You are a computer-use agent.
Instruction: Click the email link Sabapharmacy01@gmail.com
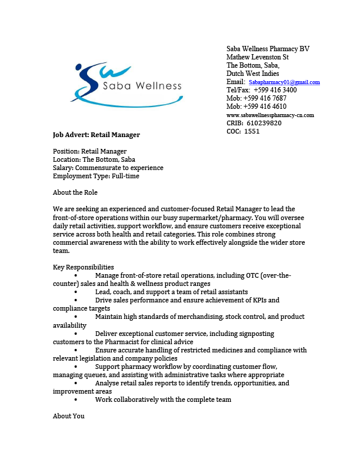point(284,82)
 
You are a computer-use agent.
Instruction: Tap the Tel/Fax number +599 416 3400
point(275,90)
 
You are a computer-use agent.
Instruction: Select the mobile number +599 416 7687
point(265,98)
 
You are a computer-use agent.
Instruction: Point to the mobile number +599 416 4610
point(265,106)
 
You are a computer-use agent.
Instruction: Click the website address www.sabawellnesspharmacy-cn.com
point(270,115)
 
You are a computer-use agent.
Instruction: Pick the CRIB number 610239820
point(264,123)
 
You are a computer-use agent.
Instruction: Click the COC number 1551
point(252,131)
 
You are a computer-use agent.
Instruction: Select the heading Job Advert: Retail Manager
point(96,135)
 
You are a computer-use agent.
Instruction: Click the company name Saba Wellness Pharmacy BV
point(268,49)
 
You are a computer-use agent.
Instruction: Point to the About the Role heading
point(75,192)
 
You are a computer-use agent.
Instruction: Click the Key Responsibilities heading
point(84,267)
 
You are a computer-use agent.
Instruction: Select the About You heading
point(69,416)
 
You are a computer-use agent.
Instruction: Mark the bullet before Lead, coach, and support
point(77,292)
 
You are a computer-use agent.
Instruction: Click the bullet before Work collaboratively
point(77,400)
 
